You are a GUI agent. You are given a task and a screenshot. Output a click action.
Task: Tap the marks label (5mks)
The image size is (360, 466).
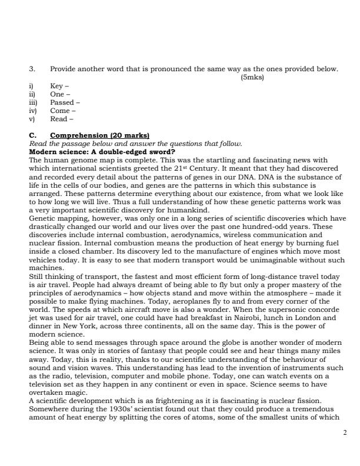(x=252, y=76)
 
